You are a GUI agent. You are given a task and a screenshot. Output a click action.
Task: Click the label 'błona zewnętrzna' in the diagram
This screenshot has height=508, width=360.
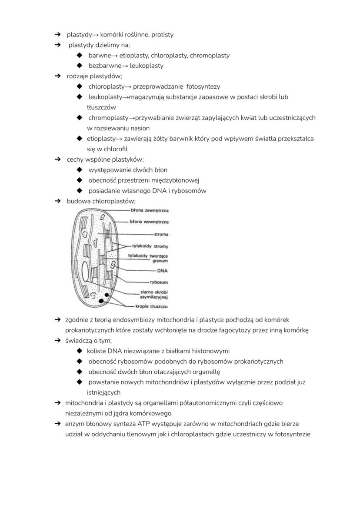click(150, 210)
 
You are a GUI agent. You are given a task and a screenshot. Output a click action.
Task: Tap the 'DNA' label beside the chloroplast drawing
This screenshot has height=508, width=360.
click(162, 270)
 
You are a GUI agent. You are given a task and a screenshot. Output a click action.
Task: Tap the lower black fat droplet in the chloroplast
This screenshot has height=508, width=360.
click(101, 301)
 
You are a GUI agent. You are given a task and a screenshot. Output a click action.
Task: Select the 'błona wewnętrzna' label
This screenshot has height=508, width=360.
click(149, 222)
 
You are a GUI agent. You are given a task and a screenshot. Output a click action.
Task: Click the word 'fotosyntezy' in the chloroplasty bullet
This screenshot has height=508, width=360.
click(203, 86)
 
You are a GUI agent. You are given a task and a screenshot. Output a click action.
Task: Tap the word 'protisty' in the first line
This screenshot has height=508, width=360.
click(162, 34)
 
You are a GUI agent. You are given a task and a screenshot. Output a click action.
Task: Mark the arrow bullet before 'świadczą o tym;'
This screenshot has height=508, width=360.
click(57, 340)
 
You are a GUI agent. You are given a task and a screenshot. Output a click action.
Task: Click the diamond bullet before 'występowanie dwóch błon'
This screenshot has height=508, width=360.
click(79, 170)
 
